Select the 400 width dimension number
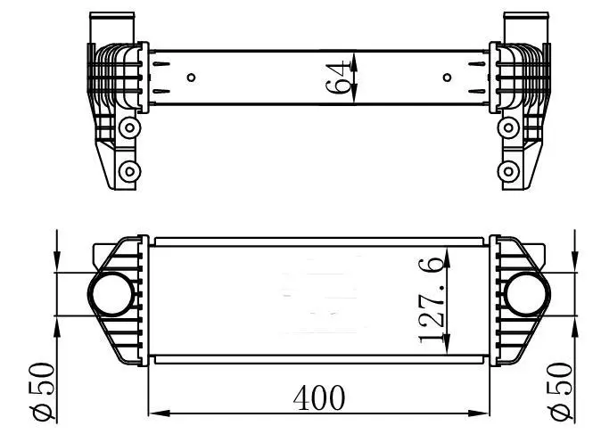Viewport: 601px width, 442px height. [x=318, y=397]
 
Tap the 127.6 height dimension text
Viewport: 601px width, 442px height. [x=432, y=299]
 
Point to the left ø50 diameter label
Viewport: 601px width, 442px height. [x=41, y=391]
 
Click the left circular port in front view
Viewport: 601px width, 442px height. [x=109, y=293]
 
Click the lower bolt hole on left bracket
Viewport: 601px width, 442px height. [x=130, y=170]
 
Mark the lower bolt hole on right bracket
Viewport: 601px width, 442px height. [x=510, y=170]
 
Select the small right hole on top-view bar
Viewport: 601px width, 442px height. [x=447, y=78]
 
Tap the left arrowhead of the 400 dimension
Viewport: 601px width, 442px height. [x=154, y=413]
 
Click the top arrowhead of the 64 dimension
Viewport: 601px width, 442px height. [x=355, y=56]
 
